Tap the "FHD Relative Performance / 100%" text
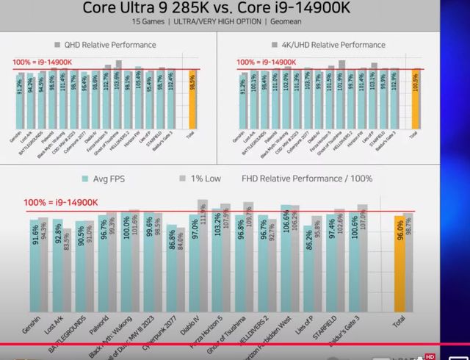(307, 179)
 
